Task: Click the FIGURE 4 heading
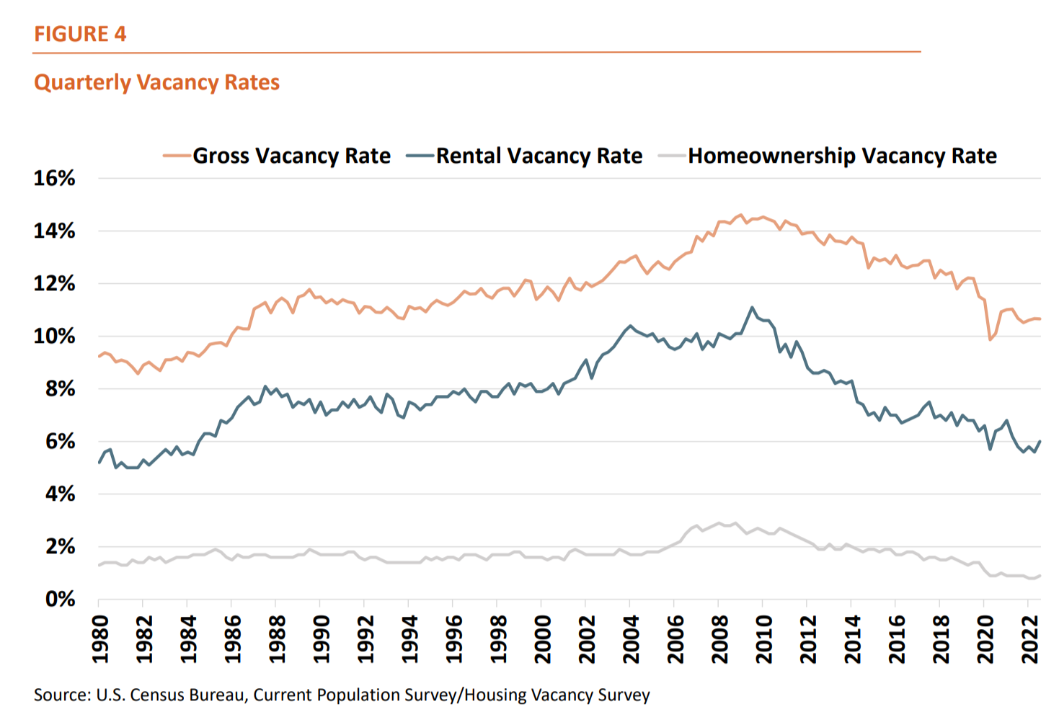80,34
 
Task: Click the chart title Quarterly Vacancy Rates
156,82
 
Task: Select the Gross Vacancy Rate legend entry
291,156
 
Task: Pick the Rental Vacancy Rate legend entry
539,156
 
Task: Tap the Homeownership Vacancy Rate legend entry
842,156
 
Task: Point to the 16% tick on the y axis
54,179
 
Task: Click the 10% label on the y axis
54,337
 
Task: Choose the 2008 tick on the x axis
719,638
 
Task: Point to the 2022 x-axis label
1030,638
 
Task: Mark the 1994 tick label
409,638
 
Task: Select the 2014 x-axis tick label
853,638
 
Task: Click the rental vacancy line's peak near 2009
752,308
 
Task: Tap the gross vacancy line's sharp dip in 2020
991,339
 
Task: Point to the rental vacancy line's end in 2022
1040,441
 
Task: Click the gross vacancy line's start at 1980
99,356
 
